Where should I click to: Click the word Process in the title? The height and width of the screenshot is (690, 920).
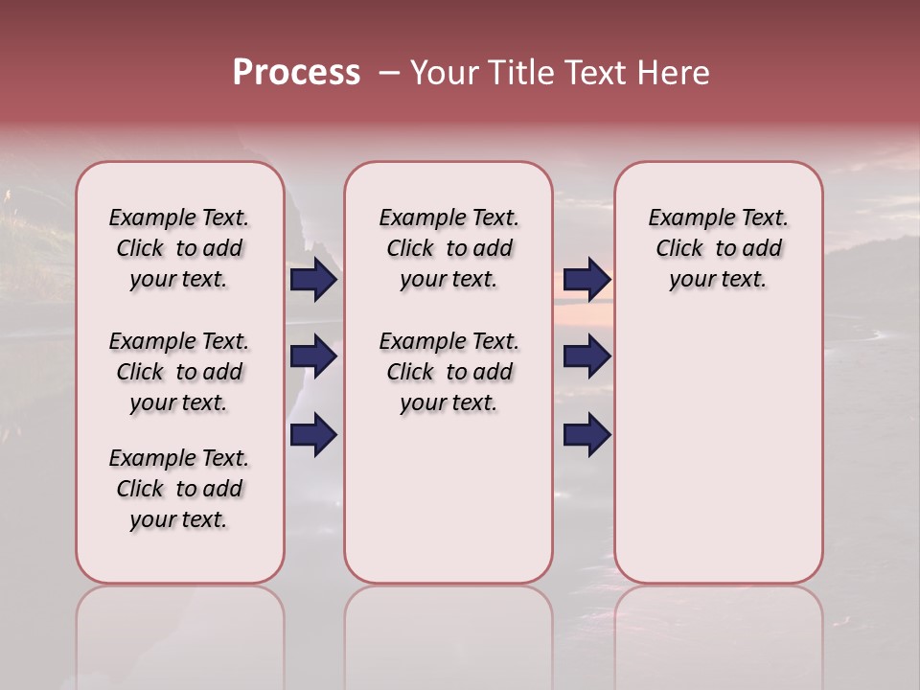[x=296, y=72]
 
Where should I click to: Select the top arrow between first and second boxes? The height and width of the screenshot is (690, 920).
[x=313, y=280]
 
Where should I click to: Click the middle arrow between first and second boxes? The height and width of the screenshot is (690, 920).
[x=313, y=356]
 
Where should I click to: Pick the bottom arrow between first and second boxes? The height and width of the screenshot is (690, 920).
[x=313, y=435]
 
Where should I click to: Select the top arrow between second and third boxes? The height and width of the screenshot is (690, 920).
[x=586, y=280]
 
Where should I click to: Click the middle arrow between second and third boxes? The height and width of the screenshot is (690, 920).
[x=586, y=356]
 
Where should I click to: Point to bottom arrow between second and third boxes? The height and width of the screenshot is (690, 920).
[x=586, y=435]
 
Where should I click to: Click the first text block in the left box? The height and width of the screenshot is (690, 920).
[x=179, y=248]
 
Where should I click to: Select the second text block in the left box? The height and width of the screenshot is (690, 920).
[x=179, y=372]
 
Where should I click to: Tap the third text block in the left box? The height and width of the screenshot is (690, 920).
[x=179, y=489]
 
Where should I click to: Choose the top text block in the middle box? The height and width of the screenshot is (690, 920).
[x=448, y=248]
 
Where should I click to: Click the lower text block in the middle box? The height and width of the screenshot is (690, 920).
[x=448, y=372]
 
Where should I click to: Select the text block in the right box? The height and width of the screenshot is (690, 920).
[x=719, y=248]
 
